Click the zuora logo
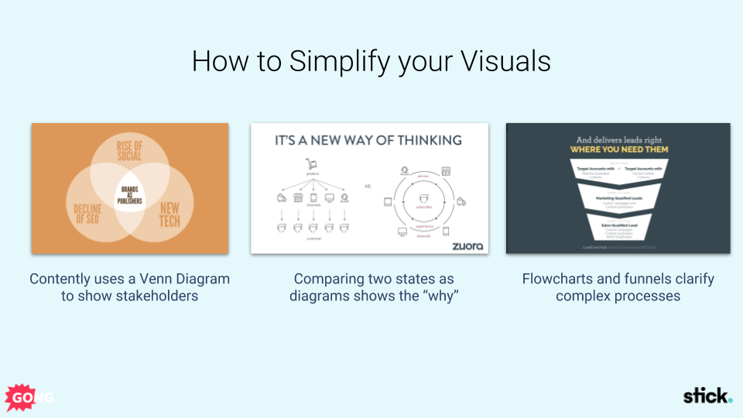(467, 245)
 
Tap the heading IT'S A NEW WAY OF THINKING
(368, 141)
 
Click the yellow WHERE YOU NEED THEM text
(618, 149)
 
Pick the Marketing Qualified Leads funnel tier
(618, 199)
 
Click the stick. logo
(707, 396)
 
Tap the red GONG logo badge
(21, 397)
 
